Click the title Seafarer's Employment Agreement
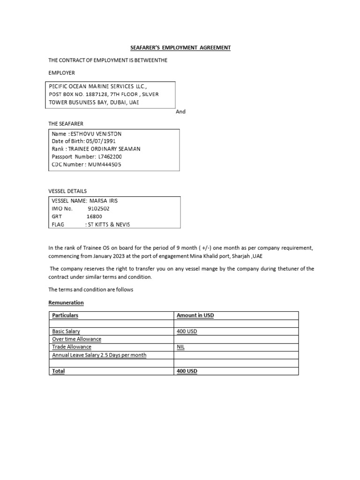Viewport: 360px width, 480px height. click(x=180, y=48)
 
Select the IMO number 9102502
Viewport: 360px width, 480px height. click(x=99, y=209)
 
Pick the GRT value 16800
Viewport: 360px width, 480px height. click(x=94, y=217)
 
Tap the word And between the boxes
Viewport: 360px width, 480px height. click(x=181, y=112)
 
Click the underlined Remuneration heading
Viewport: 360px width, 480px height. click(x=66, y=303)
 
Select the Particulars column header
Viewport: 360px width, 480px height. click(x=66, y=315)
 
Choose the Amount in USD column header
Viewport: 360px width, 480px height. click(x=195, y=315)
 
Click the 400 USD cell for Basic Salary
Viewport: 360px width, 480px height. click(x=187, y=331)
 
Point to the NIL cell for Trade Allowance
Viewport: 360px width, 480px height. click(x=181, y=347)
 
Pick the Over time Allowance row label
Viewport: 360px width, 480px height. click(x=77, y=339)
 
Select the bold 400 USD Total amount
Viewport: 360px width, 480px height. click(x=187, y=371)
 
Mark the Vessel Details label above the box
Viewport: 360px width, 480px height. click(x=67, y=191)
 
